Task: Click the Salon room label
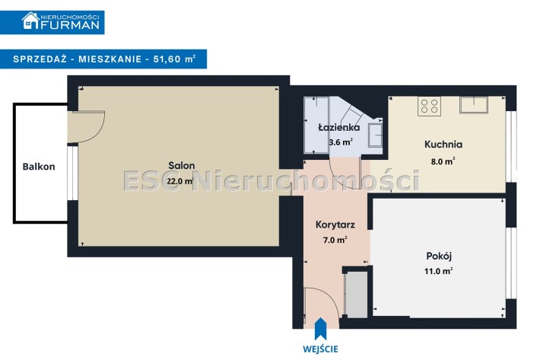[182, 166]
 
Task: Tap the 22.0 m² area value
[180, 181]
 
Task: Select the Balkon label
[39, 167]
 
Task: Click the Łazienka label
[339, 127]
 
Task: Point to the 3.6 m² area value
[341, 142]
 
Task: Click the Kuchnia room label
[443, 145]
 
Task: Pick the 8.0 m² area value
[443, 161]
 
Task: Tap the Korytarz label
[335, 225]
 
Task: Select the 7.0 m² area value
[335, 240]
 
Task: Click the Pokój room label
[439, 256]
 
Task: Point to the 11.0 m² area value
[438, 271]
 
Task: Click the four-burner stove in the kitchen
[430, 106]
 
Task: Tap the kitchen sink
[474, 105]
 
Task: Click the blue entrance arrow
[321, 329]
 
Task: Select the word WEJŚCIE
[321, 349]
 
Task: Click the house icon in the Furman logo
[30, 21]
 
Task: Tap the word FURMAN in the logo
[70, 25]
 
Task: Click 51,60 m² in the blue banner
[175, 59]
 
